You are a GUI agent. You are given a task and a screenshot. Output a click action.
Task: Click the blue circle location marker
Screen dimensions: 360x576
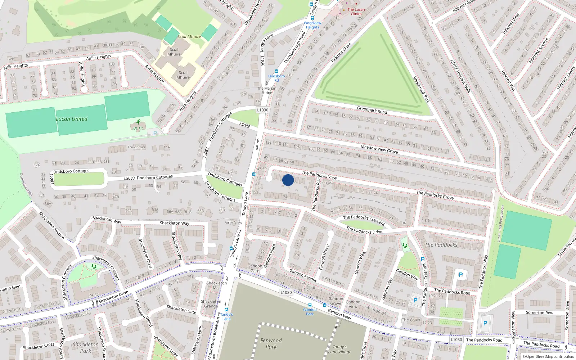tap(288, 180)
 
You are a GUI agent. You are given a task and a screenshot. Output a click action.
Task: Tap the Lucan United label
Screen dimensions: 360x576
tap(72, 119)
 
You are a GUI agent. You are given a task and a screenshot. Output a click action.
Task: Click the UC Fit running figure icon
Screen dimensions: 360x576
tap(138, 122)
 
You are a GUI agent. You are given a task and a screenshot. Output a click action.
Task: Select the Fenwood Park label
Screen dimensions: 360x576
tap(271, 343)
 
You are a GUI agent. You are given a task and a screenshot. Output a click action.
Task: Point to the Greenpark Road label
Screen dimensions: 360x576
tap(372, 110)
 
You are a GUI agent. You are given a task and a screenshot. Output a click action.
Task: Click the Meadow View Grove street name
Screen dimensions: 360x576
tap(379, 149)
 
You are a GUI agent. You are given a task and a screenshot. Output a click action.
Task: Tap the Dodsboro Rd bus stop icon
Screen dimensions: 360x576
tap(276, 72)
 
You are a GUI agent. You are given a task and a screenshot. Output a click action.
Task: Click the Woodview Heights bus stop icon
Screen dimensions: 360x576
tap(312, 18)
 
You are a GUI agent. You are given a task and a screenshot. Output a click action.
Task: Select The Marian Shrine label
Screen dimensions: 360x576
tap(267, 90)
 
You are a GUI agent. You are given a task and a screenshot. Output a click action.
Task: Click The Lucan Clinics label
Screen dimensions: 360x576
tap(356, 12)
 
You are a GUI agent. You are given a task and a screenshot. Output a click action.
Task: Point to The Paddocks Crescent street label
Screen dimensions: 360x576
tap(364, 220)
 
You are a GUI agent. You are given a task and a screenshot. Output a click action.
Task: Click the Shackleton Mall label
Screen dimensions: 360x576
tap(216, 285)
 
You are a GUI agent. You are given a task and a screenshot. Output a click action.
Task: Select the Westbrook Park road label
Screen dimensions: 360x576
tap(421, 89)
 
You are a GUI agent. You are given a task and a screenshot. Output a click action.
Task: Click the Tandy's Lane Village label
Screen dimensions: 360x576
tap(339, 349)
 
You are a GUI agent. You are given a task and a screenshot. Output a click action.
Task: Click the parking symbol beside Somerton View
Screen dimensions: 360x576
tap(485, 323)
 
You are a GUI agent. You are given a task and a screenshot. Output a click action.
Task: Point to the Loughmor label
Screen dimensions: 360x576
tap(137, 147)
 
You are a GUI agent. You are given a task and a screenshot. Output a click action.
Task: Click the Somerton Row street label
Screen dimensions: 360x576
tap(539, 312)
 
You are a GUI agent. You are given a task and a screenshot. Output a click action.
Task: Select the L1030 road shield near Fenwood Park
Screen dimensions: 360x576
tap(286, 292)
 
